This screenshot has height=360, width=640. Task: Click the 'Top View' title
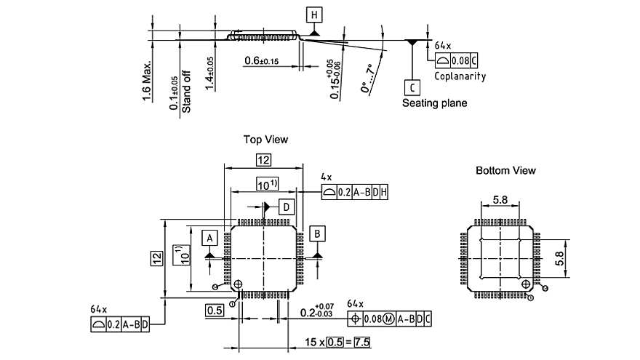click(x=266, y=139)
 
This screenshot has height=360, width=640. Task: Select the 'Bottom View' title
click(x=505, y=170)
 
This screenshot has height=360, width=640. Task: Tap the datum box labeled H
click(x=313, y=15)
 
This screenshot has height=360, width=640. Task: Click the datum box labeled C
click(x=412, y=87)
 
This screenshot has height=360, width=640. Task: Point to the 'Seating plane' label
click(x=435, y=103)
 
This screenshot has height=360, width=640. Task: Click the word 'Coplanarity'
click(x=460, y=76)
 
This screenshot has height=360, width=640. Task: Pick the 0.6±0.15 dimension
click(x=262, y=60)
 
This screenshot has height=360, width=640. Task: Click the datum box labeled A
click(x=209, y=238)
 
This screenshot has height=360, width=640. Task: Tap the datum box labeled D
click(x=287, y=207)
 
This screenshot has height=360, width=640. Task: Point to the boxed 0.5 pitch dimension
click(x=213, y=311)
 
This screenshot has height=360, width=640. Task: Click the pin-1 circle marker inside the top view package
click(x=238, y=284)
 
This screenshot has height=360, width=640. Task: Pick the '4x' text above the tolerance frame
click(x=326, y=177)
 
